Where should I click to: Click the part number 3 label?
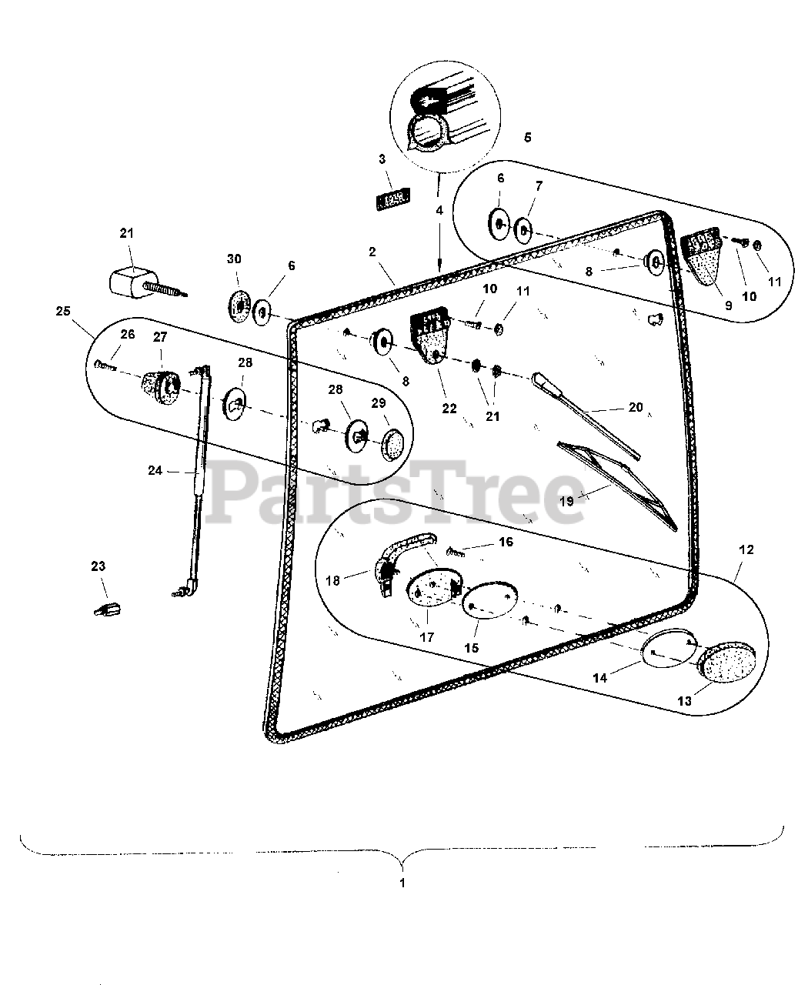382,159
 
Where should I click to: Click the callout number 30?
235,259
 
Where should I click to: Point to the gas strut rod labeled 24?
199,462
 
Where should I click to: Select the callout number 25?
63,312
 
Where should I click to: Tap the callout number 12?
746,550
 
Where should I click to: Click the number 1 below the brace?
402,883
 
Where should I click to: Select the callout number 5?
527,138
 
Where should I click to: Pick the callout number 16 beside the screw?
506,543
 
